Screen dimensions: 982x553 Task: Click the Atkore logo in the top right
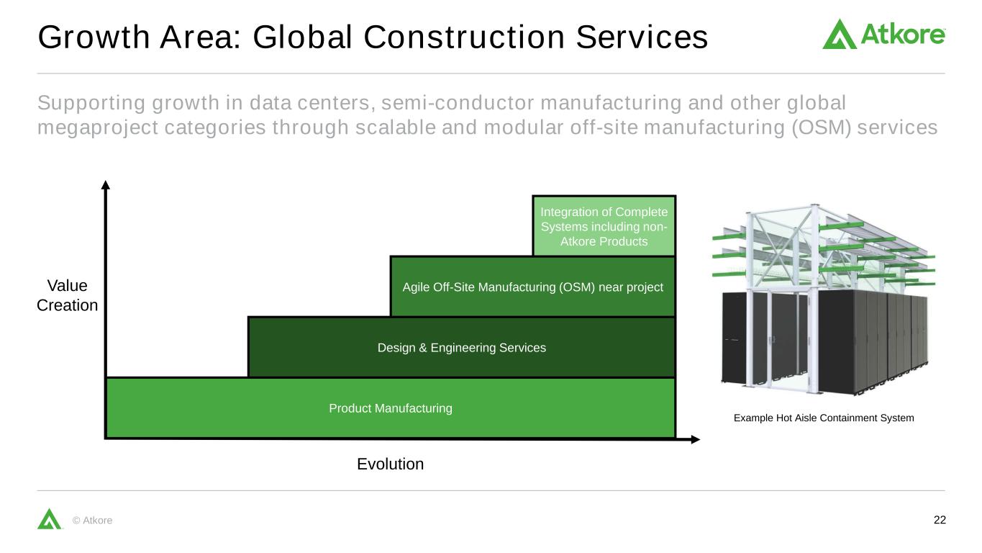(x=883, y=34)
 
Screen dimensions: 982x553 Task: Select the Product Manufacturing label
(x=391, y=408)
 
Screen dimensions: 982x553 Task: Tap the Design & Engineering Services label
(x=462, y=348)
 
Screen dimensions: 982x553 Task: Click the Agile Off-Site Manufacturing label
(x=532, y=287)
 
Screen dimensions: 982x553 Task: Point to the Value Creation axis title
(x=67, y=295)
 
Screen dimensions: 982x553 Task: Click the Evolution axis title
(x=390, y=464)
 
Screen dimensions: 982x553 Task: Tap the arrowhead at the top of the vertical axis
(x=105, y=185)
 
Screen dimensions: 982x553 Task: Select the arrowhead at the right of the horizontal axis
(x=695, y=439)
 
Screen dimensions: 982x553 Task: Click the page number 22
(x=940, y=520)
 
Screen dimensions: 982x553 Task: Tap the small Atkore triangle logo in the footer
(x=49, y=518)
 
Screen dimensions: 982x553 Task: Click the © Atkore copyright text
(x=93, y=520)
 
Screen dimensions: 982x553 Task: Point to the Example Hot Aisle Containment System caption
(x=824, y=418)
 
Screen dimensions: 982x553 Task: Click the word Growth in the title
(x=94, y=37)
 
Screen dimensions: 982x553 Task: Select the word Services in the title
(x=642, y=37)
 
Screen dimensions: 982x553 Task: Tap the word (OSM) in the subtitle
(x=821, y=127)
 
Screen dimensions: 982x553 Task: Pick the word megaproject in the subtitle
(x=97, y=128)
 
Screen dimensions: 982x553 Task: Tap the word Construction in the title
(x=464, y=37)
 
